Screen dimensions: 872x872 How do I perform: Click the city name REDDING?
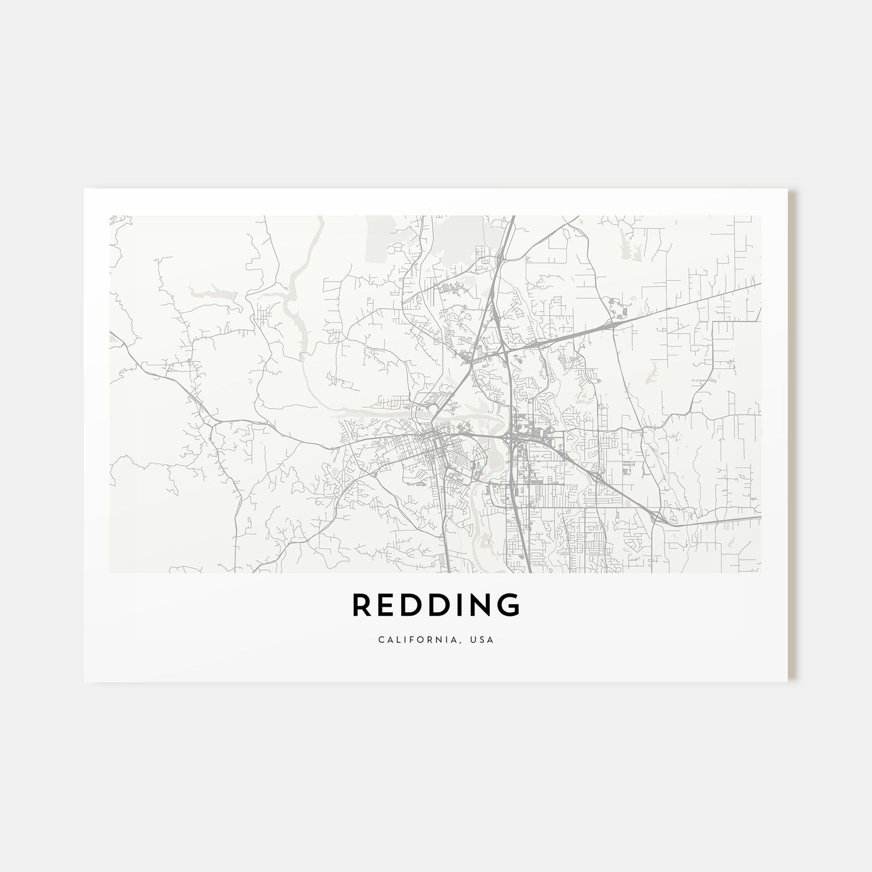[x=435, y=605]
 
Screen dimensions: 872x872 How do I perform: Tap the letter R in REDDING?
[x=363, y=605]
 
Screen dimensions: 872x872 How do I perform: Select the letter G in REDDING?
[x=508, y=605]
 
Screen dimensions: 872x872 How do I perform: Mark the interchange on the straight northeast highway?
[x=614, y=324]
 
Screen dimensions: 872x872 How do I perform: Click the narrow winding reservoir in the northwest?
[x=293, y=299]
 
